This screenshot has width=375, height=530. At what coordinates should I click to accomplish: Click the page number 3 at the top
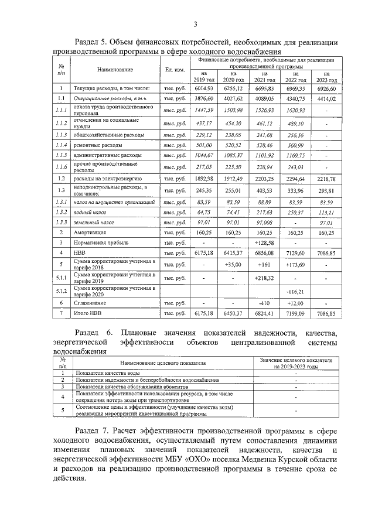point(195,23)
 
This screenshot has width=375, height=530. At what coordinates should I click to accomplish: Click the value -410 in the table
point(264,303)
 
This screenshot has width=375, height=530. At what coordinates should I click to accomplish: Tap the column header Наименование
point(115,70)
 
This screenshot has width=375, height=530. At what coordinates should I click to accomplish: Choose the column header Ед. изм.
point(176,70)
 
